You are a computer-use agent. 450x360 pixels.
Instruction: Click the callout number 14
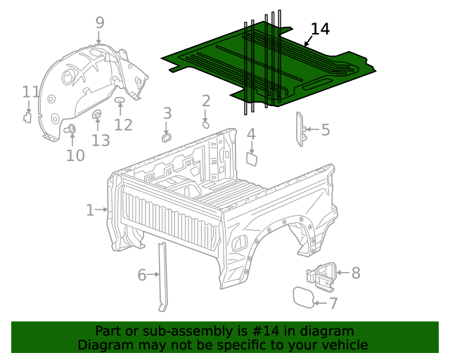[320, 29]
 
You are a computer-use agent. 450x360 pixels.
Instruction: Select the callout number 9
[99, 23]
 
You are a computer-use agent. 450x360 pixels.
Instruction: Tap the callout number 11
[31, 92]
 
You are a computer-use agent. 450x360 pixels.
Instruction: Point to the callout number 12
[124, 125]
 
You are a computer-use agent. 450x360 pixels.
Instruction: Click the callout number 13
[101, 141]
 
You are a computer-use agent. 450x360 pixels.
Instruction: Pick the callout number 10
[75, 155]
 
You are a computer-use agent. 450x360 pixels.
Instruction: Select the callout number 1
[90, 210]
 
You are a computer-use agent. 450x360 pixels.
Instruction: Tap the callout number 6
[142, 275]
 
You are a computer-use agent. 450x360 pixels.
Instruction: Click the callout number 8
[355, 273]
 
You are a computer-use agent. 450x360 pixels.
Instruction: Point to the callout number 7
[333, 304]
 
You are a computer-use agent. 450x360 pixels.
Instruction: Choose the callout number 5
[326, 129]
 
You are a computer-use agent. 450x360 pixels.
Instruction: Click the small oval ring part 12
[119, 102]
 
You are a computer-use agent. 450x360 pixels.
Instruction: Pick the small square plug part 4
[250, 158]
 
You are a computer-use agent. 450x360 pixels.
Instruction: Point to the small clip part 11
[27, 117]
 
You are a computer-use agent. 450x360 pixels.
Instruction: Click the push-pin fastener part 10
[70, 129]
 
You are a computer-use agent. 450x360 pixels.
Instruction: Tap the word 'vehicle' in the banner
[344, 345]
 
